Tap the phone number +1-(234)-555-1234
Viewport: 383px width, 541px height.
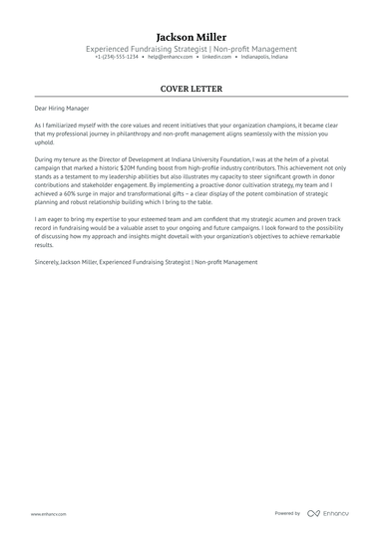(x=117, y=58)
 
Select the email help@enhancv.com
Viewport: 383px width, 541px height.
(x=171, y=58)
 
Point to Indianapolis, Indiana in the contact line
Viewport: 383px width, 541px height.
(x=264, y=58)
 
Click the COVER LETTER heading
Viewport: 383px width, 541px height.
(x=191, y=88)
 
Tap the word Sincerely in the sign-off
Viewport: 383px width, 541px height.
(x=46, y=262)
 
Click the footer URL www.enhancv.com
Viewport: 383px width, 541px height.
(x=48, y=514)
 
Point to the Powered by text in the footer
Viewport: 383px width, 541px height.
(x=287, y=513)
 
